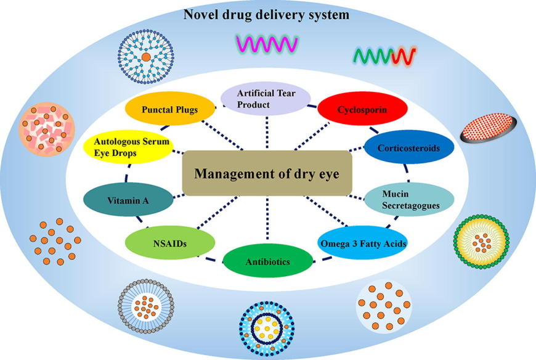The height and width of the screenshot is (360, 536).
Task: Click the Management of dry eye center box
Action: [267, 173]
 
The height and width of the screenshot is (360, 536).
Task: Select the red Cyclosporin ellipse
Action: [362, 110]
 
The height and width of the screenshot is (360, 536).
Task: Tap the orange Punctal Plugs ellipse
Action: [170, 110]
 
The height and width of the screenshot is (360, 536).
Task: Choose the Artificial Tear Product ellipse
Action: [266, 99]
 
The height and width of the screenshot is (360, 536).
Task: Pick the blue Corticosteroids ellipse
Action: [410, 148]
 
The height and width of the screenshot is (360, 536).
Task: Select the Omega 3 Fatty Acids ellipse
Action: [363, 244]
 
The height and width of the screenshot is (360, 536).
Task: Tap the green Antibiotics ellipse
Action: [267, 261]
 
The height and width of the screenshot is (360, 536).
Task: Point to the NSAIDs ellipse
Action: [170, 243]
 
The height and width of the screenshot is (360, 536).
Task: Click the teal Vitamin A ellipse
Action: [128, 200]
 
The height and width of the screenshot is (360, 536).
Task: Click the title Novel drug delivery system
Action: [266, 14]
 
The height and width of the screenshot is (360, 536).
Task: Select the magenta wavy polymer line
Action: [267, 44]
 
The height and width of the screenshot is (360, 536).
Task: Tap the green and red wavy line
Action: [384, 56]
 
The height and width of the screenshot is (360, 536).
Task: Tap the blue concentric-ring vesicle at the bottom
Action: [266, 327]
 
